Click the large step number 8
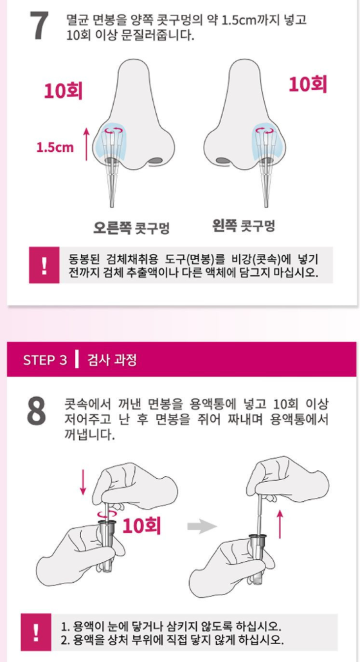coord(36,411)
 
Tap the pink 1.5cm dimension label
coord(55,148)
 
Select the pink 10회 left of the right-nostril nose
coord(63,91)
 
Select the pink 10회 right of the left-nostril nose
coord(308,84)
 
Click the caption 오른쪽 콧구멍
coord(131,228)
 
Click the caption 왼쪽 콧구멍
coord(244,226)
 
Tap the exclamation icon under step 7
coord(44,265)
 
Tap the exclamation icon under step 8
coord(36,632)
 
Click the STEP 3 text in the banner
coord(45,360)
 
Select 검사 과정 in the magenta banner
coord(111,360)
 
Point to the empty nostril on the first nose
coord(156,160)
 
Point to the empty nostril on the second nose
coord(222,160)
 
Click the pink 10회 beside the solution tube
coord(141,526)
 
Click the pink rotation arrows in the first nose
coord(115,131)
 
